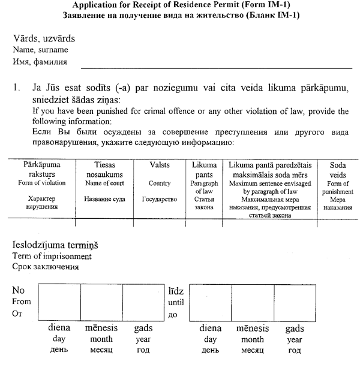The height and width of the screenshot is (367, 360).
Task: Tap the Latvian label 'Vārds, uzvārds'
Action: click(44, 40)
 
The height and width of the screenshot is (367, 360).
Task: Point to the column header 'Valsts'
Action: click(159, 164)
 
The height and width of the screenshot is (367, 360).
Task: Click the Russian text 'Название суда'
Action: click(104, 198)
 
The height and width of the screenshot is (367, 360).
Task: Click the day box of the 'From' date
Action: click(59, 303)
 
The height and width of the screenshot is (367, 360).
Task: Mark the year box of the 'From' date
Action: click(143, 303)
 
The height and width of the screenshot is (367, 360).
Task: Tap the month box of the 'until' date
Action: click(253, 303)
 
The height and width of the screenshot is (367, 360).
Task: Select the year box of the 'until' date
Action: click(295, 303)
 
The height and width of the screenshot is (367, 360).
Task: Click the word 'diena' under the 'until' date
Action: click(211, 329)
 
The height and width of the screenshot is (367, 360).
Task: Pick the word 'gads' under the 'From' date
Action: click(143, 329)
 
